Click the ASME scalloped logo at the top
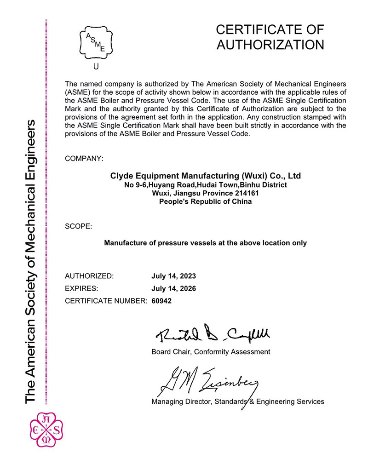tap(96, 42)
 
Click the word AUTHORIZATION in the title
tap(270, 45)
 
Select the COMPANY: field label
tap(84, 158)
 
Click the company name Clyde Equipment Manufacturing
tap(206, 176)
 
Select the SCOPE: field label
tap(79, 226)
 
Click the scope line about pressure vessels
tap(206, 242)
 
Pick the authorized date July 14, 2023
tap(174, 276)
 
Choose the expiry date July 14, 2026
tap(174, 289)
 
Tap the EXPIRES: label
tap(82, 289)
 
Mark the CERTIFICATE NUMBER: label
tap(106, 301)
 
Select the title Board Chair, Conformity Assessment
tap(211, 352)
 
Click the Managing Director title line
tap(237, 401)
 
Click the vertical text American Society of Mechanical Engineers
tap(31, 262)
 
